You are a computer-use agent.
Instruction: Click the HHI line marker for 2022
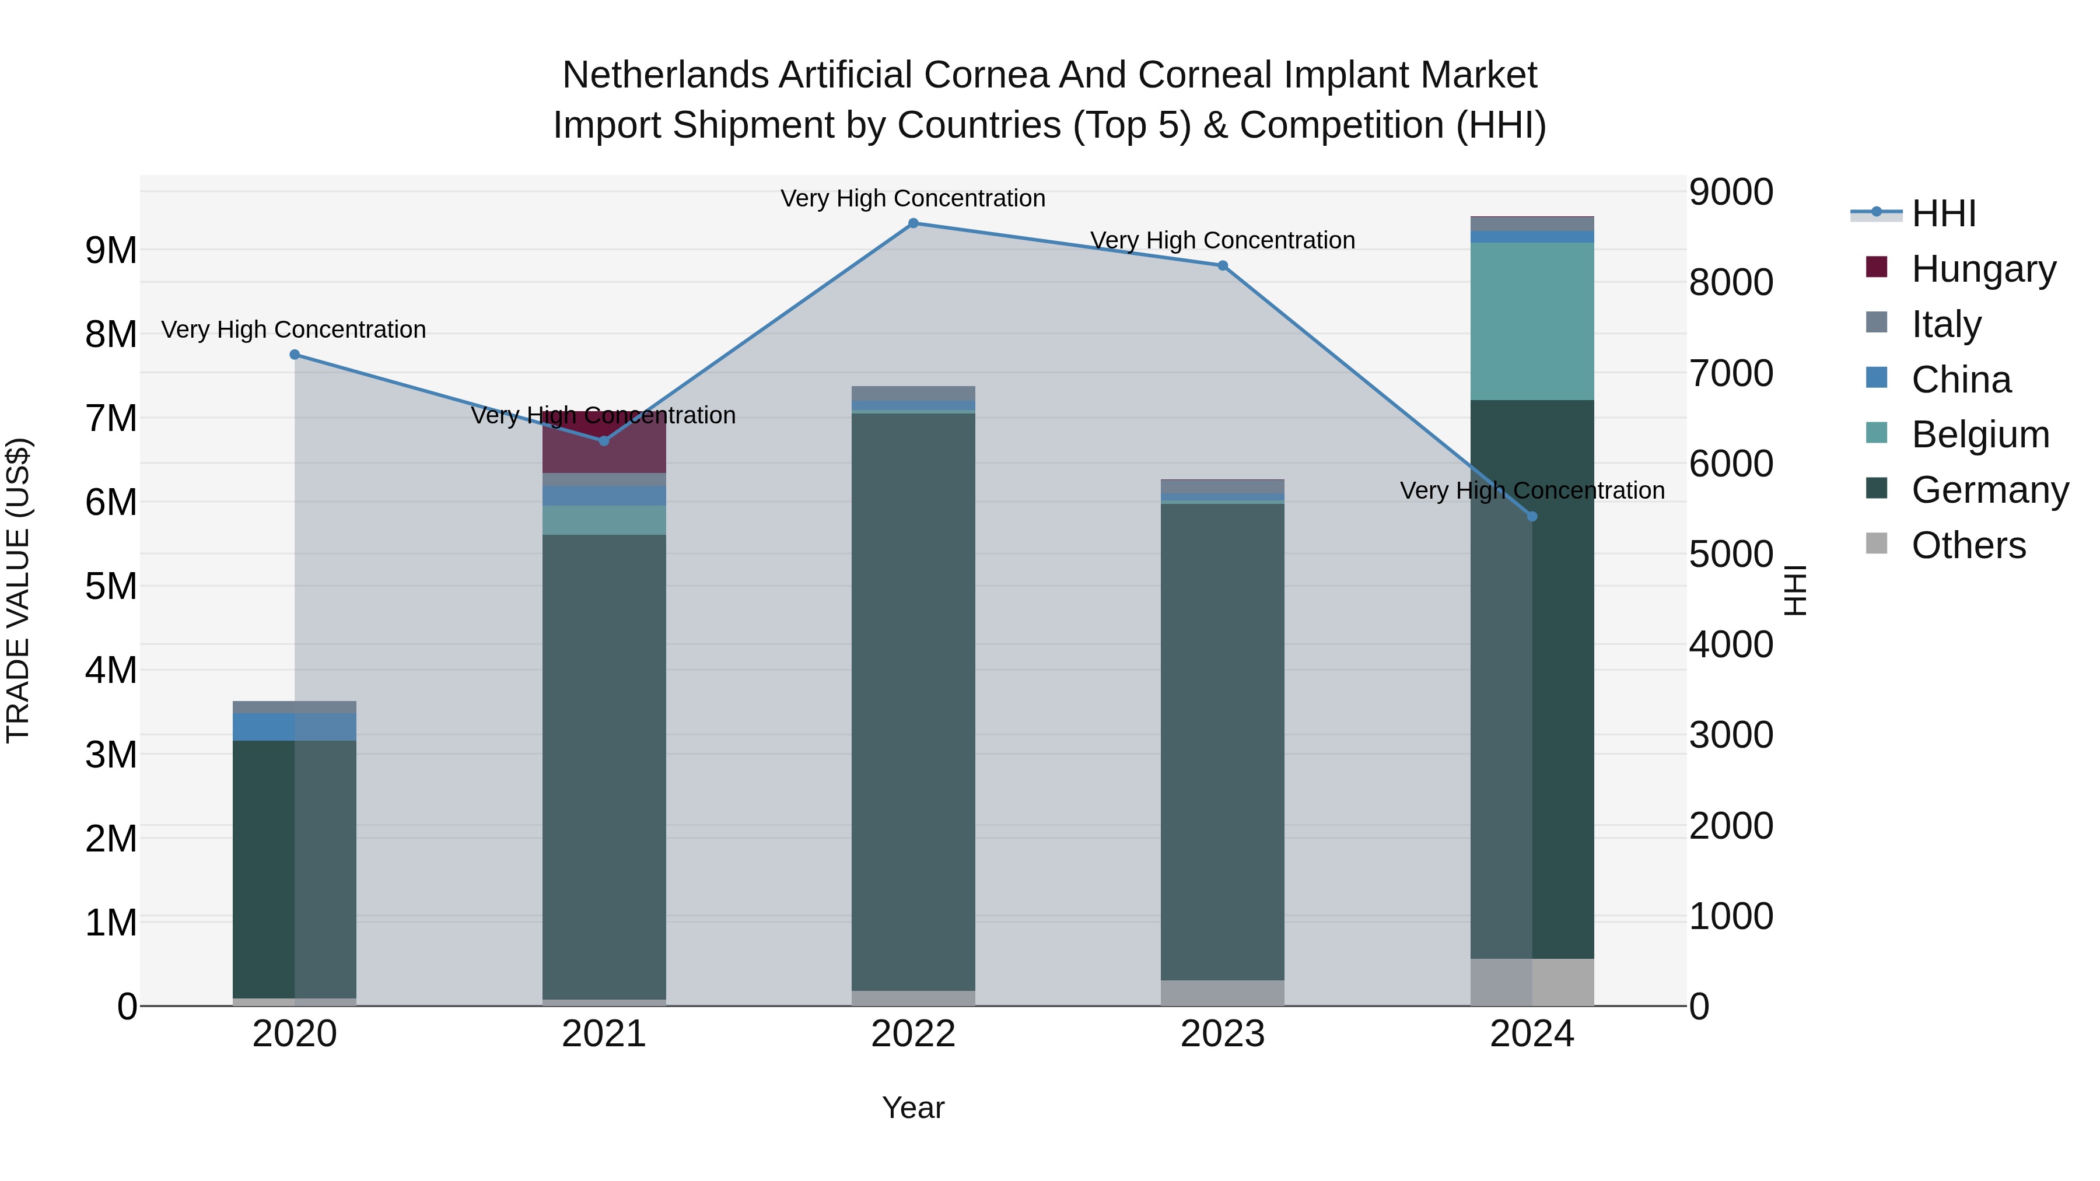point(913,223)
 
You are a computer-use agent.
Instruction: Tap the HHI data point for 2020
point(295,355)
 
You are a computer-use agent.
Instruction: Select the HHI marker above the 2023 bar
point(1223,266)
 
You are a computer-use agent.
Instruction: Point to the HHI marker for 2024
point(1532,517)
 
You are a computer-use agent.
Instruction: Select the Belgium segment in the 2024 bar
point(1532,321)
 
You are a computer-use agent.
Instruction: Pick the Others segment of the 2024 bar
point(1532,982)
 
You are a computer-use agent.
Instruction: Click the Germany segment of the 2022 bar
point(913,701)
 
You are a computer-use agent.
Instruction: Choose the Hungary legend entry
point(1983,269)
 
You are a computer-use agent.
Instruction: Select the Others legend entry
point(1968,545)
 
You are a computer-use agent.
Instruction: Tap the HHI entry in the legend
point(1944,213)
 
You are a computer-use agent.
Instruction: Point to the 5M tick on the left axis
point(111,586)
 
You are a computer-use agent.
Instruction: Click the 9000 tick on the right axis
point(1731,192)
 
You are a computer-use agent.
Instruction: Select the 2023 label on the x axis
point(1223,1034)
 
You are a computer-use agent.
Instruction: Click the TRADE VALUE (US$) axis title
point(18,590)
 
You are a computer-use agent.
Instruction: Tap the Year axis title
point(913,1108)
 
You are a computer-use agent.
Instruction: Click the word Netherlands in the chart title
point(665,75)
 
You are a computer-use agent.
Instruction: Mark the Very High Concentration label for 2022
point(913,198)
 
